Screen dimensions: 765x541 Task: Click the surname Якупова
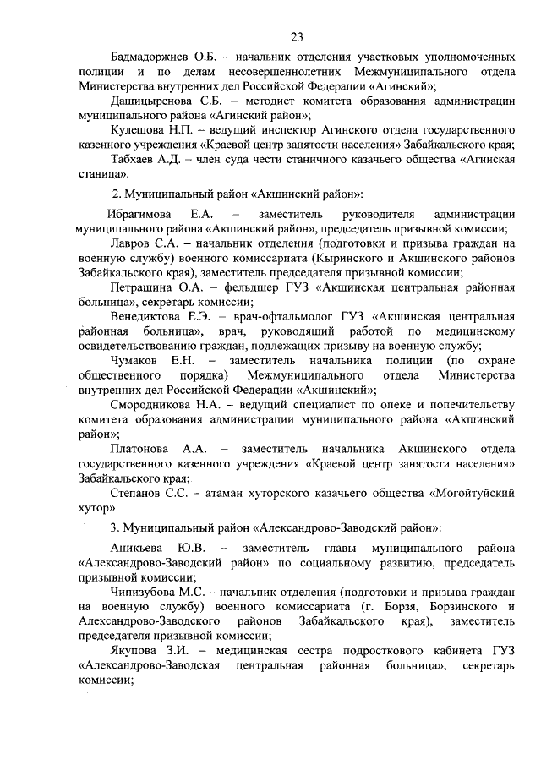click(136, 651)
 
